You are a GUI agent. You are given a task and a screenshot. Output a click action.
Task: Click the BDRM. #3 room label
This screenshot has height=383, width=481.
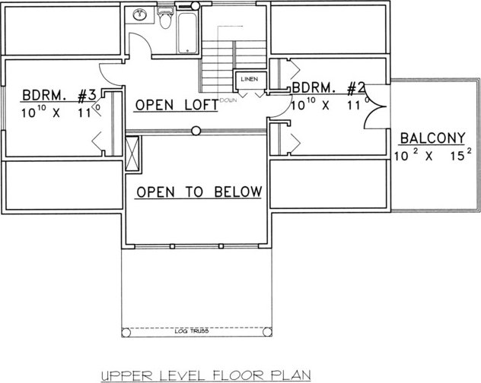tap(59, 95)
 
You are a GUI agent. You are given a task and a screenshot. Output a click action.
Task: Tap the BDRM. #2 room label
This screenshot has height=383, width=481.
tap(328, 88)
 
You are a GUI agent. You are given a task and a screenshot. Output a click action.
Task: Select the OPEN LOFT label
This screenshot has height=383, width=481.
tap(177, 105)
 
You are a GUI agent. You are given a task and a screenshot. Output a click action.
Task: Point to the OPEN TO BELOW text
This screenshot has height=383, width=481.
tap(199, 192)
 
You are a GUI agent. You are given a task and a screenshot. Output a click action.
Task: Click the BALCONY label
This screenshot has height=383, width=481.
tap(432, 138)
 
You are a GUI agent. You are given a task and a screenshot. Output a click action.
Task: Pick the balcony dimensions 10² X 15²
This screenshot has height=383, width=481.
tap(433, 156)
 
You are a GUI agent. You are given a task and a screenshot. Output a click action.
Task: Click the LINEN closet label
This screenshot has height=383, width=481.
tap(250, 79)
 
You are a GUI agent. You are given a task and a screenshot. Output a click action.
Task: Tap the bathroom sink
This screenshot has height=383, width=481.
tap(140, 14)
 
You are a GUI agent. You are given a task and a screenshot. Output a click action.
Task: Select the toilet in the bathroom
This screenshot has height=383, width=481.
tap(165, 18)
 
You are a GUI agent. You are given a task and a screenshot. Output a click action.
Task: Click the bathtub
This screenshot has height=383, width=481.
tap(187, 33)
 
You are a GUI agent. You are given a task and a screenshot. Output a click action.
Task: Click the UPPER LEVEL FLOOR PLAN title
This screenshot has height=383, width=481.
tap(205, 375)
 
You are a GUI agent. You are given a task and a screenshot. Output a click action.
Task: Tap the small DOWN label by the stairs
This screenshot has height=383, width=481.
tap(228, 100)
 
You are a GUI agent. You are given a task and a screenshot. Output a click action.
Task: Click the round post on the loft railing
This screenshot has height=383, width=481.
tap(196, 131)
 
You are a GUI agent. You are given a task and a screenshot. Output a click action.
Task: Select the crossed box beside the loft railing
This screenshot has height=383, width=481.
tap(132, 154)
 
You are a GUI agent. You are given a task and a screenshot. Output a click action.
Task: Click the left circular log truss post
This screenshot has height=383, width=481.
tap(126, 332)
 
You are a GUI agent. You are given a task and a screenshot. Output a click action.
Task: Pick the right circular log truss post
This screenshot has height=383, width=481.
tap(267, 332)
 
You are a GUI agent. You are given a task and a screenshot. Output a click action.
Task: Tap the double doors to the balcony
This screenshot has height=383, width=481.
tap(375, 107)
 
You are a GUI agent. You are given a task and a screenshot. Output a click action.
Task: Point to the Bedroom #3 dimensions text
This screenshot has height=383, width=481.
tap(61, 112)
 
